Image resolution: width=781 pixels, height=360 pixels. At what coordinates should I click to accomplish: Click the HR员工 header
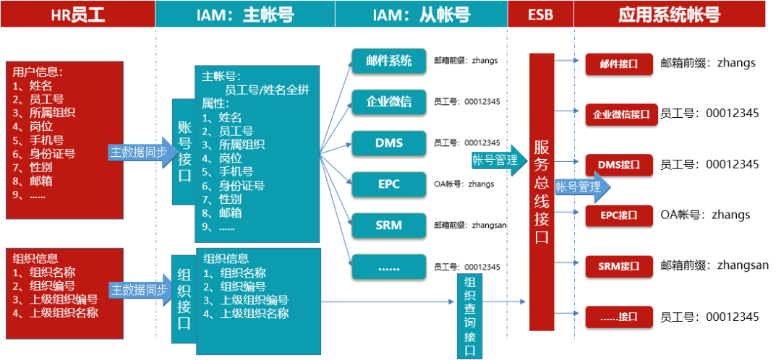click(77, 14)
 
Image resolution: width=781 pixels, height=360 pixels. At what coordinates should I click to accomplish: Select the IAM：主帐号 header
click(245, 14)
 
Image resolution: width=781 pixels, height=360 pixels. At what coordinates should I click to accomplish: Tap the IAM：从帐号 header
click(421, 14)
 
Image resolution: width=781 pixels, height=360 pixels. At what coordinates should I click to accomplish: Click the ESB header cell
click(541, 14)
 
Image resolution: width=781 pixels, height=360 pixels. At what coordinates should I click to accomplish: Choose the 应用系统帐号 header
click(670, 14)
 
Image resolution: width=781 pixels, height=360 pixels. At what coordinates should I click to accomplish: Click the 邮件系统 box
click(389, 61)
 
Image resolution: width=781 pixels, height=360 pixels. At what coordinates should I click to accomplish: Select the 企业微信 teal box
click(389, 101)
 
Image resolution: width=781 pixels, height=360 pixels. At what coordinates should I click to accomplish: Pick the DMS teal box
click(389, 142)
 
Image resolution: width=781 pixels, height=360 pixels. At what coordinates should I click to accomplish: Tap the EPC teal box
click(389, 184)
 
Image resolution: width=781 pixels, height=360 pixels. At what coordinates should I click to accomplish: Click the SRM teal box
click(389, 225)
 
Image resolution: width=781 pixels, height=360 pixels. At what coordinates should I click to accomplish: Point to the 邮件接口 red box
click(619, 64)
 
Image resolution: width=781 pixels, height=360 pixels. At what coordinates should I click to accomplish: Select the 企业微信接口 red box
click(621, 114)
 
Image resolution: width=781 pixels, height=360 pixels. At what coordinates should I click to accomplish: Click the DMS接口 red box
click(619, 165)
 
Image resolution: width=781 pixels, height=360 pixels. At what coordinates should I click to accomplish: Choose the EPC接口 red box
click(619, 215)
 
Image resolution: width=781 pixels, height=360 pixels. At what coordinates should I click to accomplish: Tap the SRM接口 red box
click(619, 266)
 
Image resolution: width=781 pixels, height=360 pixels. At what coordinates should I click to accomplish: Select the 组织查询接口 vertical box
click(469, 316)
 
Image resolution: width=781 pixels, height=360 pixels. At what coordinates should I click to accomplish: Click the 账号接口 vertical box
click(184, 152)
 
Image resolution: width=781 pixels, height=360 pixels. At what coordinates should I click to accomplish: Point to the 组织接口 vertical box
click(184, 299)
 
